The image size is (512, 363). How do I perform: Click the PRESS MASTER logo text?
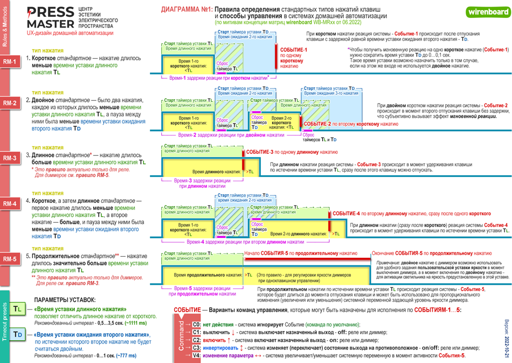click(51, 18)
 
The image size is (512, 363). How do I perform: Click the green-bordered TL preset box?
click(18, 309)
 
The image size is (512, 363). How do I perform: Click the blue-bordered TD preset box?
click(18, 334)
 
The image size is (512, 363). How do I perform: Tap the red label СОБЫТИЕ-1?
click(294, 50)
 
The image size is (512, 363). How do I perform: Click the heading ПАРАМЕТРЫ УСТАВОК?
click(65, 299)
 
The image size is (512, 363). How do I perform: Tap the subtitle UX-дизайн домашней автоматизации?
click(70, 33)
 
